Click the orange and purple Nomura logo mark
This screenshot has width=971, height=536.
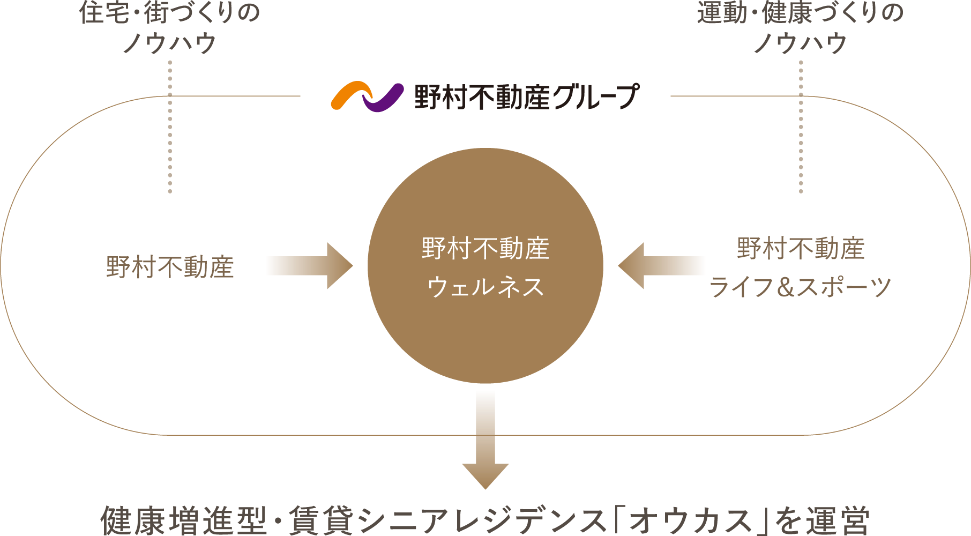click(367, 96)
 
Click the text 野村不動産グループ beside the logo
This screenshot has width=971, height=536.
click(527, 97)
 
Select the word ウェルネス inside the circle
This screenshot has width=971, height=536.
click(485, 287)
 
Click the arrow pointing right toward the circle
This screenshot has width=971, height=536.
click(320, 266)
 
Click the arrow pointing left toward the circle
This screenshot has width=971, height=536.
click(651, 266)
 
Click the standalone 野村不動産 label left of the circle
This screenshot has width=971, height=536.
click(170, 267)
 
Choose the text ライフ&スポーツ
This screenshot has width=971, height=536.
click(801, 287)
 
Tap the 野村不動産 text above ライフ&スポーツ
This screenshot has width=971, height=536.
click(801, 249)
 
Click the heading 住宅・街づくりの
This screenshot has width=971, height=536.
click(170, 13)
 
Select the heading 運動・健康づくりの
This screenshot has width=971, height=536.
click(801, 13)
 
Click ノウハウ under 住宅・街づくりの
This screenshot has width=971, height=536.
click(170, 43)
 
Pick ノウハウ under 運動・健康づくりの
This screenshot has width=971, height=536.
click(801, 43)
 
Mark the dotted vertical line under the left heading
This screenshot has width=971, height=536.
click(170, 126)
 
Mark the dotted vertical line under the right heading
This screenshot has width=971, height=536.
click(801, 126)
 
